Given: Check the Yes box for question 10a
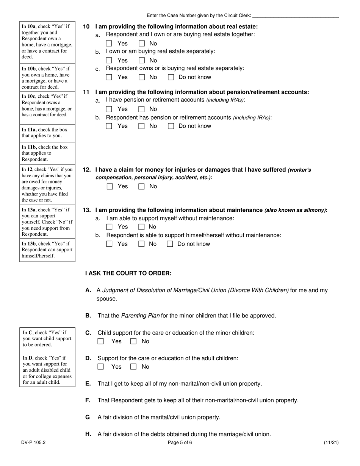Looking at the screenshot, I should click(x=109, y=44).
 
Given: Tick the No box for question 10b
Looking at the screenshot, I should click(x=142, y=60).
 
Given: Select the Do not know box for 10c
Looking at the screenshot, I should click(x=171, y=77).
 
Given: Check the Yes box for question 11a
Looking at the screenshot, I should click(x=109, y=109).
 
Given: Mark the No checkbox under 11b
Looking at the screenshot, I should click(x=142, y=126).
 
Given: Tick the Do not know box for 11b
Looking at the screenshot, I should click(x=171, y=126).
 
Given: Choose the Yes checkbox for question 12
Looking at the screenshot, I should click(x=110, y=186).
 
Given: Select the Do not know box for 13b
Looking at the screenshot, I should click(x=170, y=244).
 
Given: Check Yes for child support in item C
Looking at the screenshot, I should click(x=101, y=341).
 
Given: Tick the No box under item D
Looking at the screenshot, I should click(x=133, y=367).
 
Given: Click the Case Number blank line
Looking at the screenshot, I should click(x=295, y=16).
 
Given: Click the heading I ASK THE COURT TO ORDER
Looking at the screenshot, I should click(x=128, y=273).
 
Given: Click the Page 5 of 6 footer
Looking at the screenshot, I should click(x=180, y=442).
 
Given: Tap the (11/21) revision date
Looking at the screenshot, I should click(x=331, y=442).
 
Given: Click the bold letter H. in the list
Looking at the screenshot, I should click(x=88, y=434).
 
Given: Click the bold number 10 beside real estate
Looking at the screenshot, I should click(x=86, y=27).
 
